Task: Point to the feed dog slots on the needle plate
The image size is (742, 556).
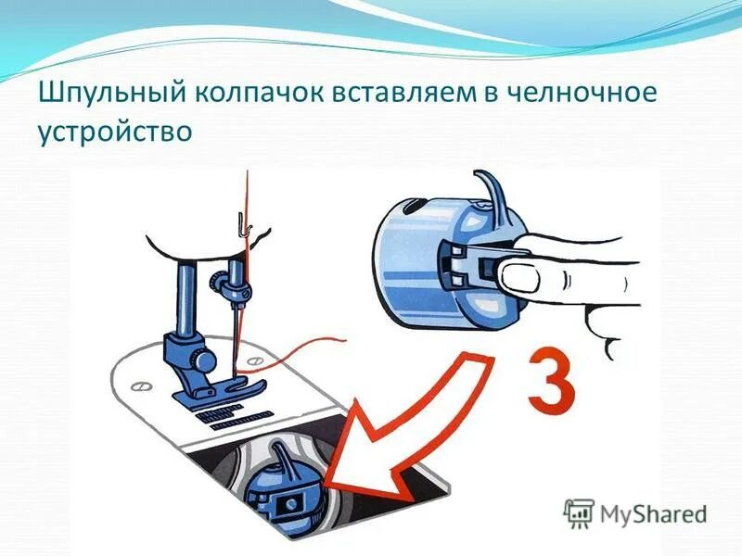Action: [x=228, y=417]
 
